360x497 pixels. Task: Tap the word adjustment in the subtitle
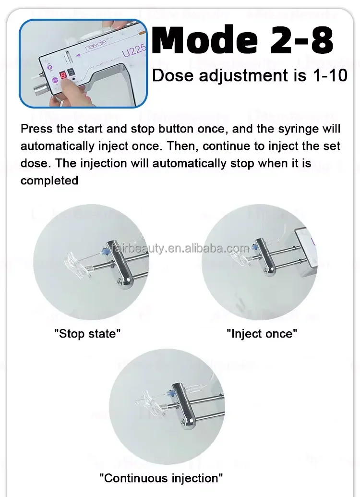(243, 76)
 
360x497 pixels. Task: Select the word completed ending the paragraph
(49, 181)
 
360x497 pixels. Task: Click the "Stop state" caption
(87, 333)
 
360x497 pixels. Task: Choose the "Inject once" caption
(262, 333)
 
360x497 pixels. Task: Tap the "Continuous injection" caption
(161, 478)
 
